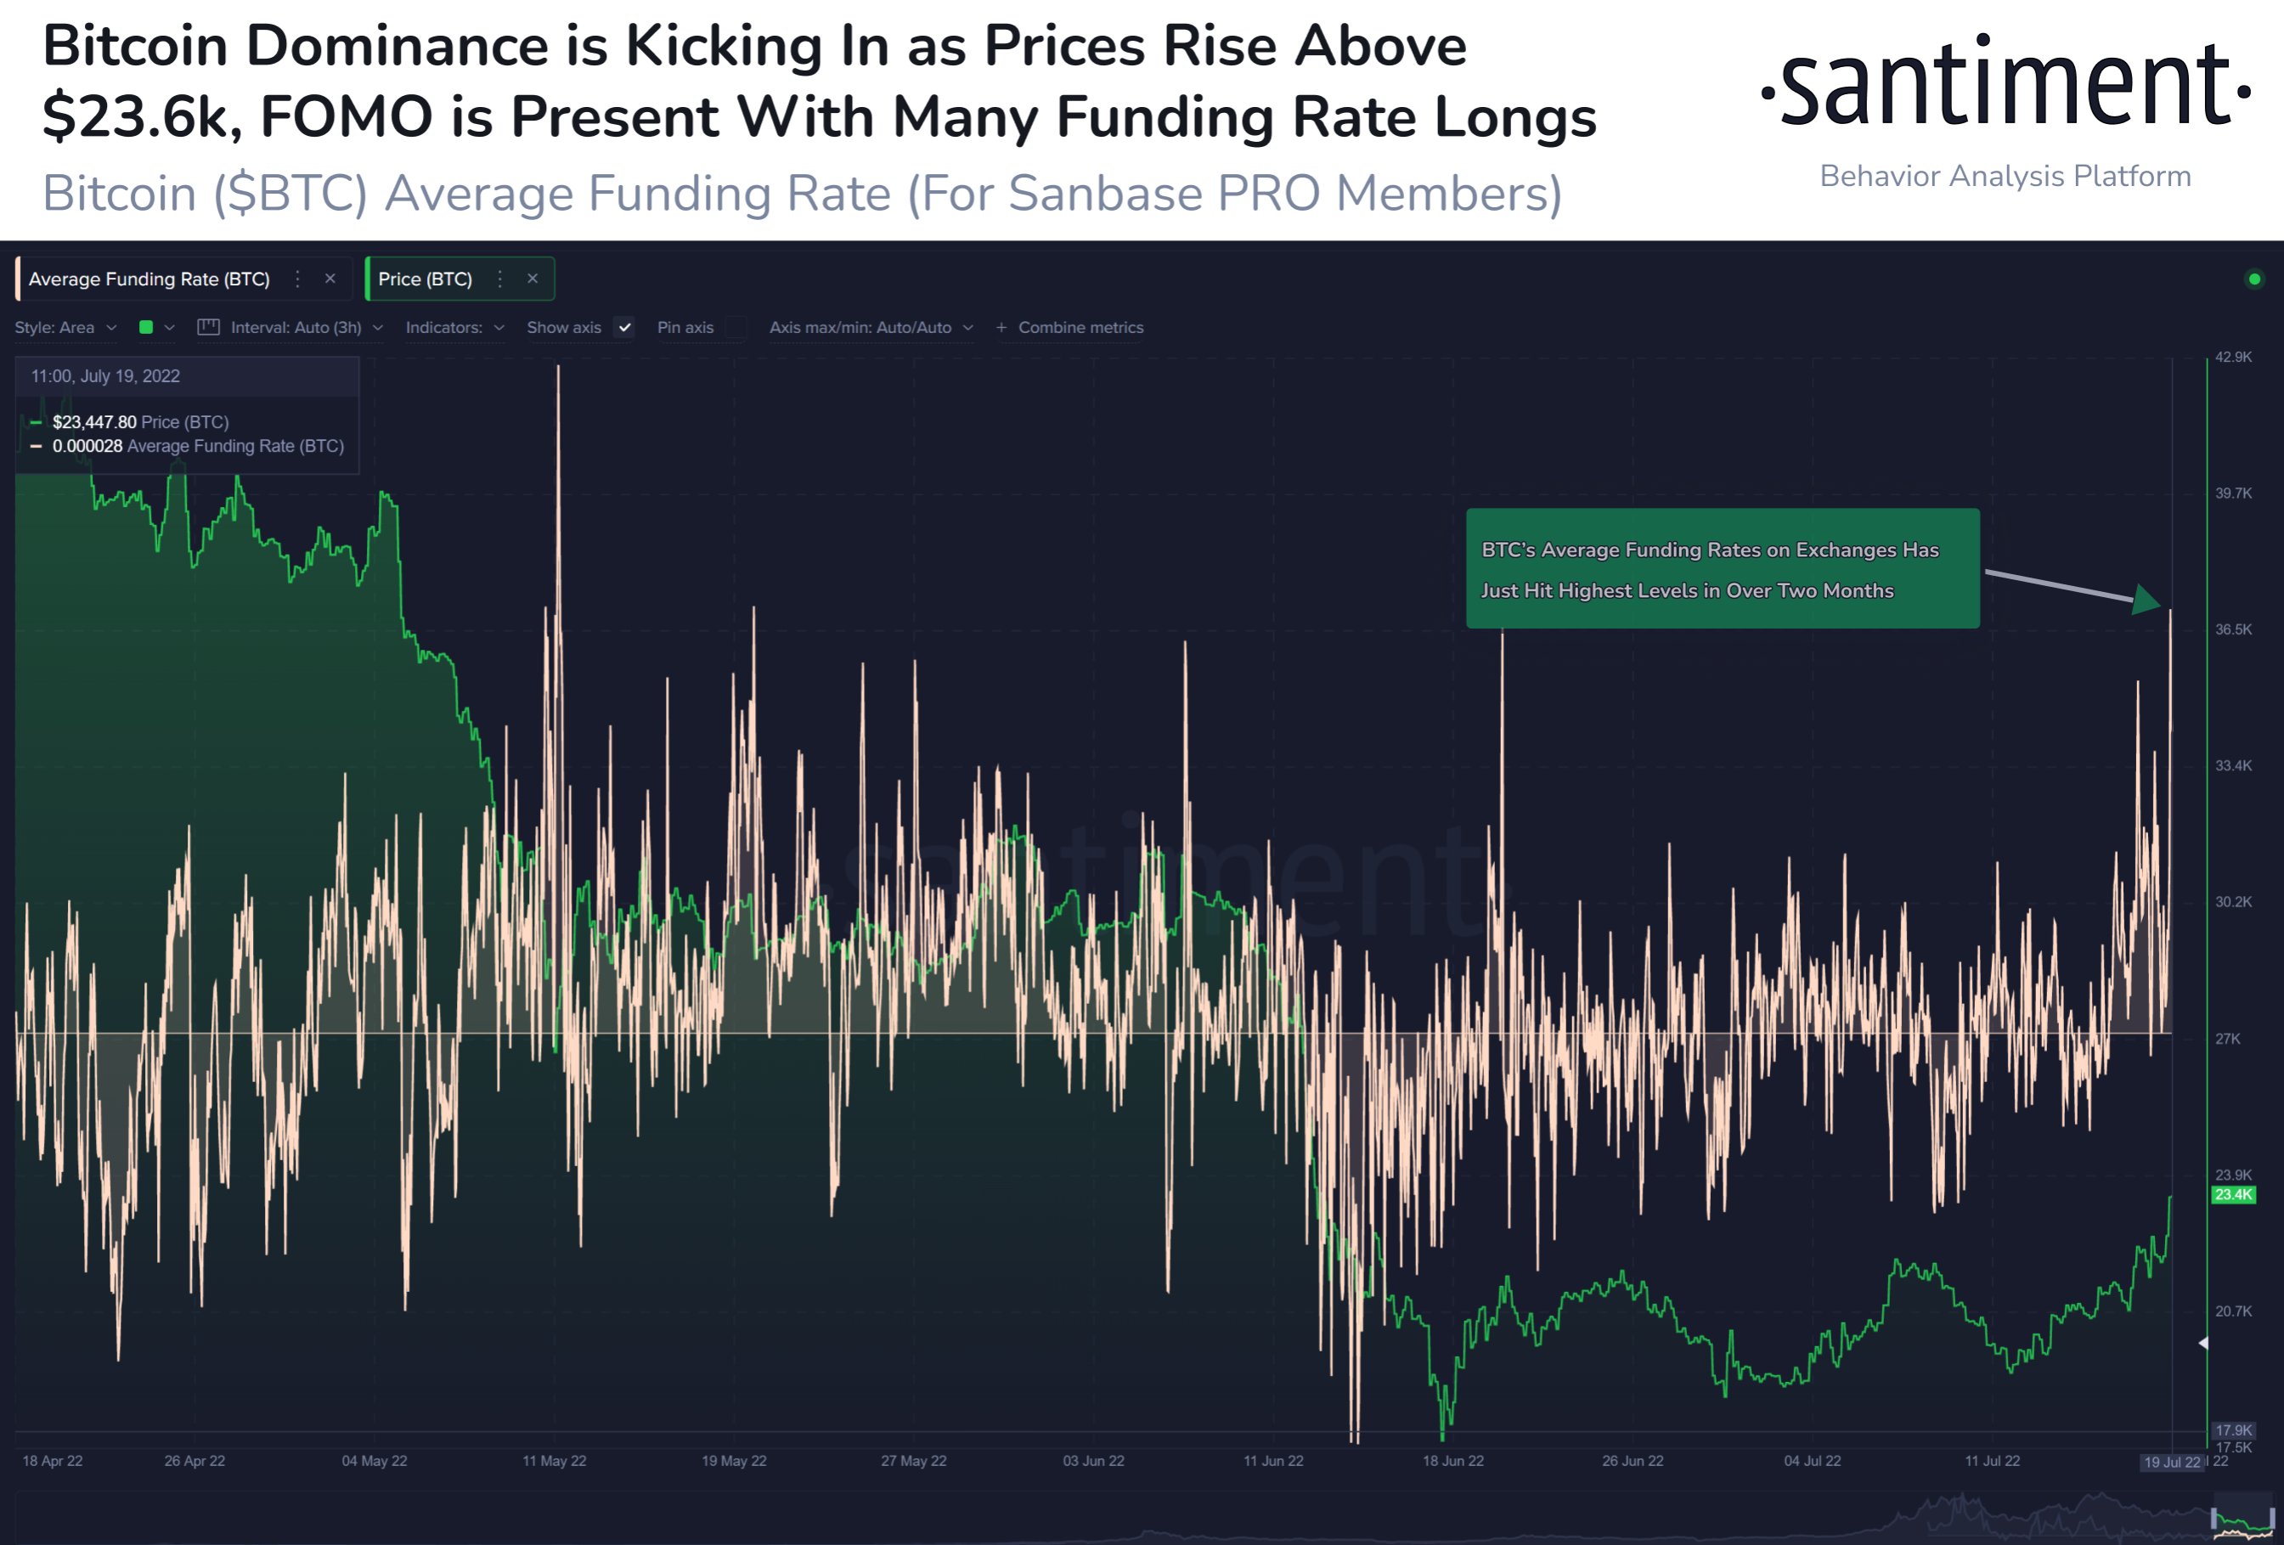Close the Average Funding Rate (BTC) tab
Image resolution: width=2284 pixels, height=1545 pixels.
pos(330,279)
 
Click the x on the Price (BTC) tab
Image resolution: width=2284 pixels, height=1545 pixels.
pos(533,279)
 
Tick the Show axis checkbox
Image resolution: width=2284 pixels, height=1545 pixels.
pos(625,327)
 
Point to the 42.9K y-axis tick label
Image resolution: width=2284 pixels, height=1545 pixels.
pos(2233,357)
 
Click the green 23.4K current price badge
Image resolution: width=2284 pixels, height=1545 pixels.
pos(2233,1195)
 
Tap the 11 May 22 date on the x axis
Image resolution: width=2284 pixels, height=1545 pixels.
pos(555,1460)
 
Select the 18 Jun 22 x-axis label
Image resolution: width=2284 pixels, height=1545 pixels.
pos(1452,1460)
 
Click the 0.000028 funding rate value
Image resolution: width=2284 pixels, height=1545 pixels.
pos(87,446)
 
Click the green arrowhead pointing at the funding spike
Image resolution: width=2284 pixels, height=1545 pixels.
pos(2147,600)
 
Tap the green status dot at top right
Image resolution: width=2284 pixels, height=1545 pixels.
pos(2254,279)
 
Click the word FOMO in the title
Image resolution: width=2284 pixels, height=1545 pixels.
pos(346,116)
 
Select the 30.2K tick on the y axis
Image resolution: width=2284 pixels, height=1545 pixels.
pos(2233,901)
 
